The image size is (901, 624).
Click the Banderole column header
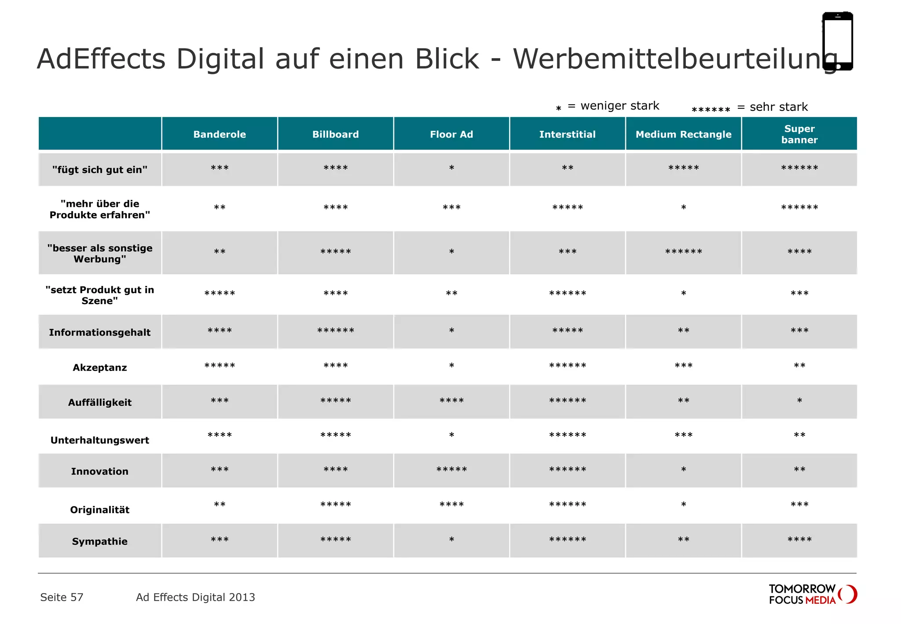220,134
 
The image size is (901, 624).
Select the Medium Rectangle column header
683,134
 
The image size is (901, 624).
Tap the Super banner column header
799,134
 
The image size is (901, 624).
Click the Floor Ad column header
451,134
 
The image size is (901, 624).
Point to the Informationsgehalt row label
100,332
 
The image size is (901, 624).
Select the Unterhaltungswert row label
100,440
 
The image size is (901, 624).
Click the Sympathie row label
100,541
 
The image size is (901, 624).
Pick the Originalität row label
100,510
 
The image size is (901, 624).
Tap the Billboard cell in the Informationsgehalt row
336,331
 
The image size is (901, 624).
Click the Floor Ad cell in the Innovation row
451,470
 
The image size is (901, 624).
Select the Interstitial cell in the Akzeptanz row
568,366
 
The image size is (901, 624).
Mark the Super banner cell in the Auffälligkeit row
799,401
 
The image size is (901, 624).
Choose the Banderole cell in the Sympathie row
220,540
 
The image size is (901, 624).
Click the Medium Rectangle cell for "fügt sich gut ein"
683,169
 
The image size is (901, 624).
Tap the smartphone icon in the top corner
838,41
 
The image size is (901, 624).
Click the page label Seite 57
62,597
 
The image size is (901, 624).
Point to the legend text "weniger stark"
619,106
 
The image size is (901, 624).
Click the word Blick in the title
447,59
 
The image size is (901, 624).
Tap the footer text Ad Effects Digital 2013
195,597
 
